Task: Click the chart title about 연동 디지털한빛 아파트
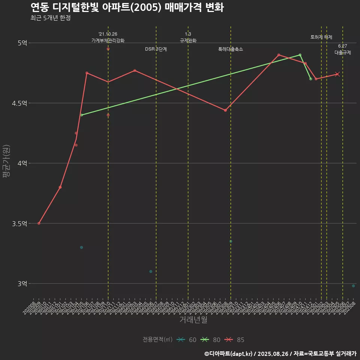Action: tap(127, 7)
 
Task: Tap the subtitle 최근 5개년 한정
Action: tap(51, 18)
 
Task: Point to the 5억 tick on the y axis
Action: tap(22, 43)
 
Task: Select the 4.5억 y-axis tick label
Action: tap(19, 103)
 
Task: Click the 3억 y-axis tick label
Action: tap(22, 283)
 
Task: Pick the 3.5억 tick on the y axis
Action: tap(19, 223)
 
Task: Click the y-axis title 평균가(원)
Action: tap(6, 163)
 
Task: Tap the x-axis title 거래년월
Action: tap(193, 320)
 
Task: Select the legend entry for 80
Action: tap(210, 340)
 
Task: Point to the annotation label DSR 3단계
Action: tap(156, 49)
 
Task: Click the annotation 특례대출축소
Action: tap(231, 49)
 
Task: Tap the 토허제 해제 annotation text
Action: tap(321, 37)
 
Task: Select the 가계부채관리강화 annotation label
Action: tap(108, 40)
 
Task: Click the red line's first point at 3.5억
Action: tap(39, 223)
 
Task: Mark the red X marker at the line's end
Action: tap(337, 74)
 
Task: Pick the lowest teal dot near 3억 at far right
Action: tap(353, 286)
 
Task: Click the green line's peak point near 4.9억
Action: tap(300, 55)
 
